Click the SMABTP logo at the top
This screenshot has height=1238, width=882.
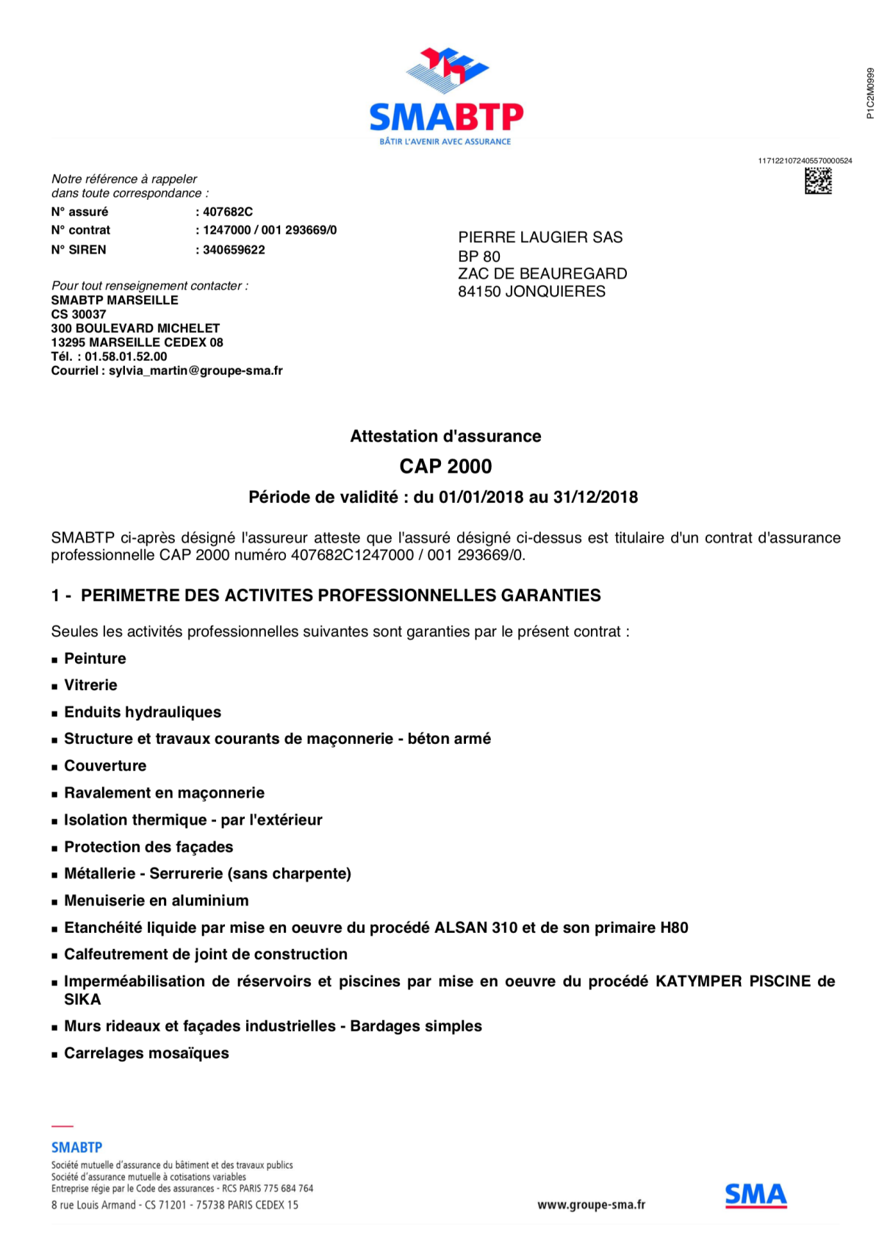point(445,96)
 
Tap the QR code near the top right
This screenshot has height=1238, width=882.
point(818,181)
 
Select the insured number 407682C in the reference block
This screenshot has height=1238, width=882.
point(228,212)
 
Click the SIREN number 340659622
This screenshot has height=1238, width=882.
point(234,250)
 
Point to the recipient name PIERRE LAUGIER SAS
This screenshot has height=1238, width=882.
point(540,237)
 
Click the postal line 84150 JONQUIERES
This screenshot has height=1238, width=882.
point(531,292)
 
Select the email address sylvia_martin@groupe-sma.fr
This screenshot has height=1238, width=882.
point(196,371)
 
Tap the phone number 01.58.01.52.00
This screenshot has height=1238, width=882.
point(126,357)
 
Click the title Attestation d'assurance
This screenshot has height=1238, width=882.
point(445,437)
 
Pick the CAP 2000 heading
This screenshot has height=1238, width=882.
point(445,467)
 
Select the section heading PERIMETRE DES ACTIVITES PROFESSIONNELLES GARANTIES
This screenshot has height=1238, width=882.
point(340,595)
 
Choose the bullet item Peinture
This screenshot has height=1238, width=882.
point(95,659)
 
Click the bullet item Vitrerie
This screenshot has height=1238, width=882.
point(90,685)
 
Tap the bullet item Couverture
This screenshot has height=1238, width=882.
point(105,766)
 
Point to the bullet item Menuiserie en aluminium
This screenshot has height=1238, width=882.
point(156,901)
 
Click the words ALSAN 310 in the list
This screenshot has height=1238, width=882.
point(476,928)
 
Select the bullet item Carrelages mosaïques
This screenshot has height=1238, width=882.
point(146,1053)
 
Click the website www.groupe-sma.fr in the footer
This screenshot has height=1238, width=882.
point(591,1205)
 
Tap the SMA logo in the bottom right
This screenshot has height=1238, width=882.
point(756,1195)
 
